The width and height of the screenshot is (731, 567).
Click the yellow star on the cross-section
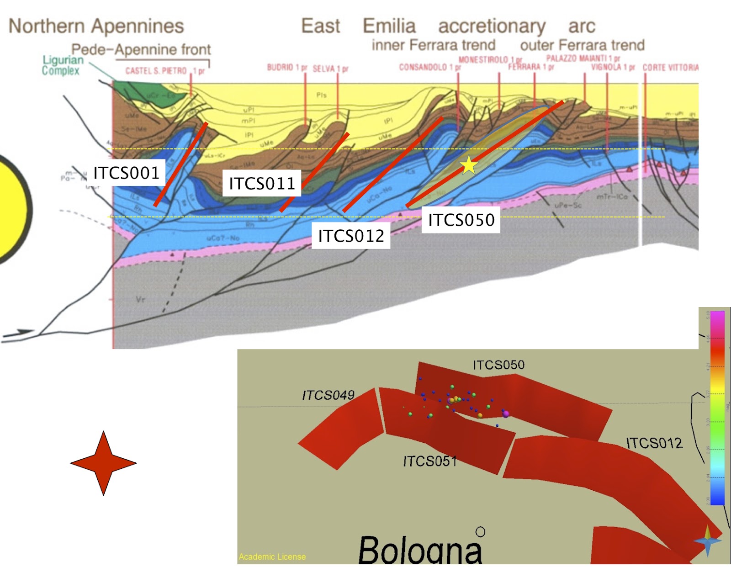pos(469,165)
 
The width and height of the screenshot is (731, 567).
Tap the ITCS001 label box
pos(126,173)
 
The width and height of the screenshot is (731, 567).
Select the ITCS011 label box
pos(262,183)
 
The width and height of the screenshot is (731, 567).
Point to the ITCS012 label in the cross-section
pos(351,236)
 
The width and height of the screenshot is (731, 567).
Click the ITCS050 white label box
pos(461,220)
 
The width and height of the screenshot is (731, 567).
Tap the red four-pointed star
pos(104,463)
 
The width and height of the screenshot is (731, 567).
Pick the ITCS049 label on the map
pos(328,395)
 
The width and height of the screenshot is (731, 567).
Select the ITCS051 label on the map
pos(430,461)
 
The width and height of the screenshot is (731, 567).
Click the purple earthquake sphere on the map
pos(506,414)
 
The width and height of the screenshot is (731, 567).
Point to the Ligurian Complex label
pos(62,65)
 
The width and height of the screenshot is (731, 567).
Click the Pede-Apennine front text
pos(141,49)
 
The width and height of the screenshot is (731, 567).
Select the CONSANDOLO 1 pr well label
pos(429,67)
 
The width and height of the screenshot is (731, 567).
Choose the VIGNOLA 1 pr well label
pos(613,67)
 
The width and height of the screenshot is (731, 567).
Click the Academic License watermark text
pos(272,556)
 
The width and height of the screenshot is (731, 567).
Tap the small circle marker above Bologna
pos(480,532)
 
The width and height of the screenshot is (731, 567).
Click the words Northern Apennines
pos(96,26)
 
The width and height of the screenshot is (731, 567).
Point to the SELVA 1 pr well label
pos(330,69)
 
